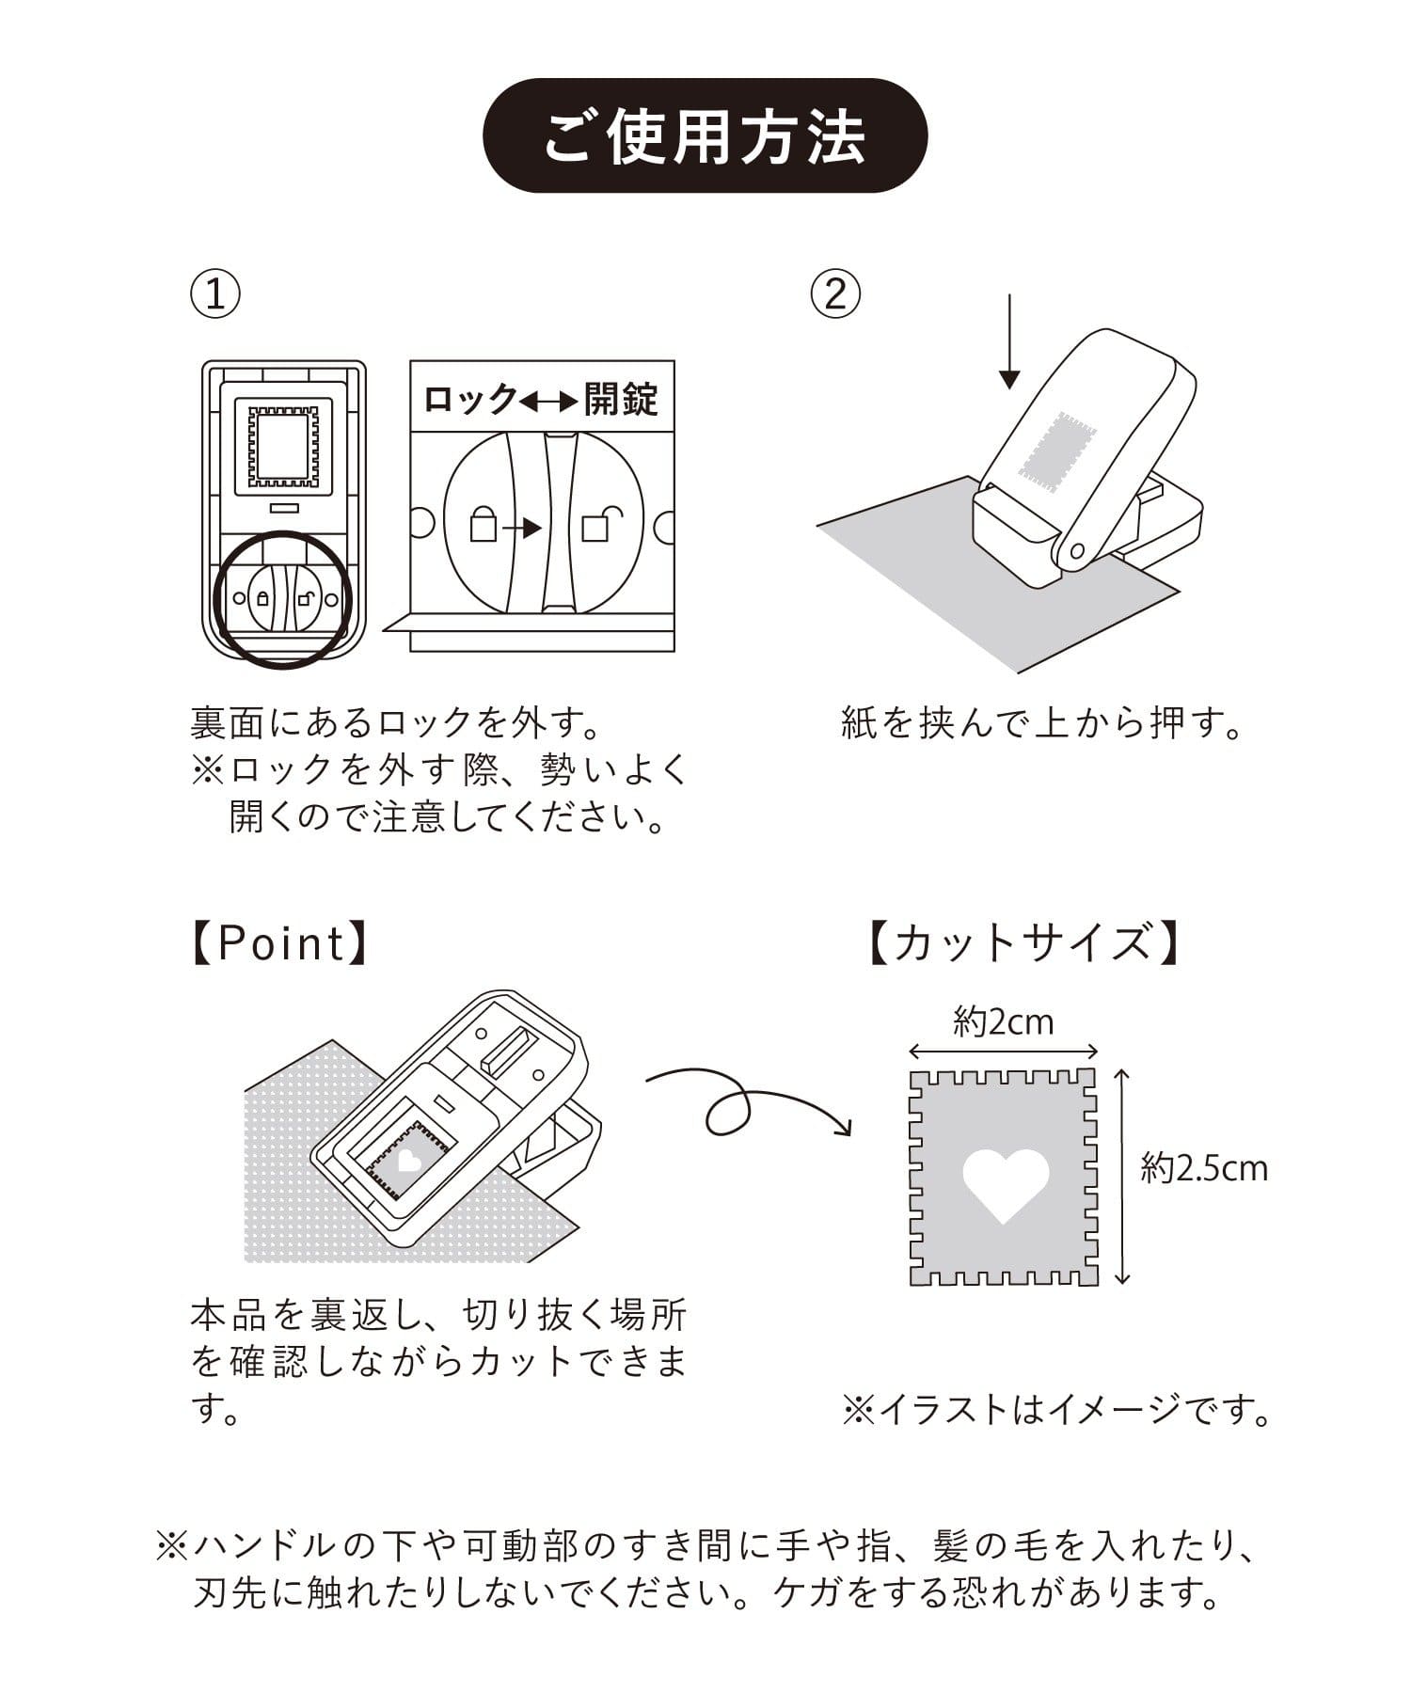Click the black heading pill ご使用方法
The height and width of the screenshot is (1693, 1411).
705,136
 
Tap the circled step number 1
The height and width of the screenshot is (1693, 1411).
215,293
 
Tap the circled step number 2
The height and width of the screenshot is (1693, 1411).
835,293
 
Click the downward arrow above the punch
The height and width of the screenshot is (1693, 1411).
1009,341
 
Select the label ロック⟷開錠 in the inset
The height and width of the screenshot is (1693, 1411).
542,399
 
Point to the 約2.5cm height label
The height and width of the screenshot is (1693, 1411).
1204,1168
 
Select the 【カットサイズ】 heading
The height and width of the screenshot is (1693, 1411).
1023,943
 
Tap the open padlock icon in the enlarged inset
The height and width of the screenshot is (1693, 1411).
599,523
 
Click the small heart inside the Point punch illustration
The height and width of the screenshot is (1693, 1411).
408,1162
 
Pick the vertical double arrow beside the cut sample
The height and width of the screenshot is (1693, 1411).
1121,1177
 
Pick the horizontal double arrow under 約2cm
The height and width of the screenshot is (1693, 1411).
1004,1052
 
